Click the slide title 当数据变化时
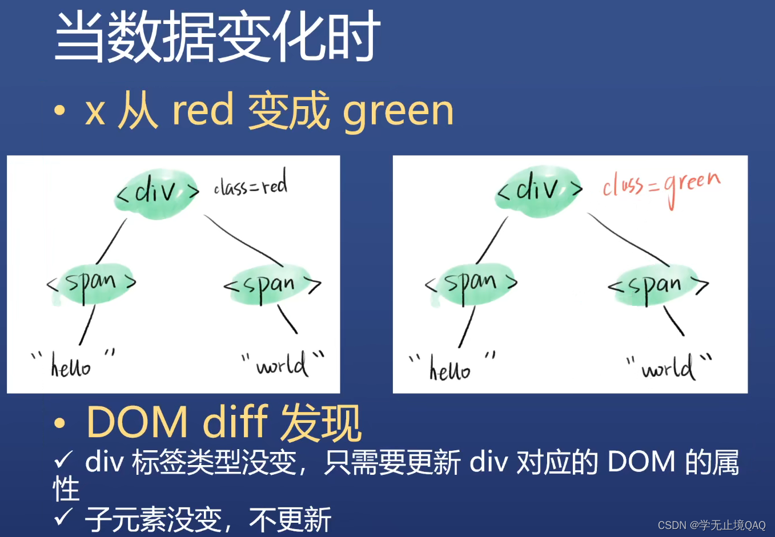[217, 37]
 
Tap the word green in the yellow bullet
[398, 111]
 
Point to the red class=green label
[661, 185]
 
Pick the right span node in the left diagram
[272, 284]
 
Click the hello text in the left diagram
[71, 366]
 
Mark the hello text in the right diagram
[450, 369]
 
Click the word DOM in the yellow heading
[137, 422]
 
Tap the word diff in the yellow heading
[235, 422]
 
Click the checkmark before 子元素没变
[63, 516]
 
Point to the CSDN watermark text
[711, 525]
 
